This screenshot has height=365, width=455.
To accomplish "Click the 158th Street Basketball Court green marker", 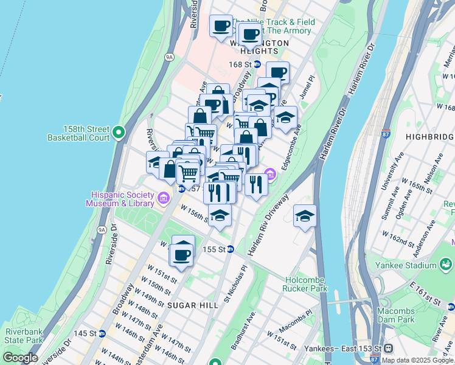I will pyautogui.click(x=119, y=131).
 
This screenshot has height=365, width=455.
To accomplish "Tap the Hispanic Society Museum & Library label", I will pyautogui.click(x=122, y=199).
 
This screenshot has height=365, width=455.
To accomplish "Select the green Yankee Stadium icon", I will pyautogui.click(x=446, y=265).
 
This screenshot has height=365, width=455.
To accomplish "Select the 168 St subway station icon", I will pyautogui.click(x=257, y=64).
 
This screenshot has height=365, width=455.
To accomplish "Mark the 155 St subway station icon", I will pyautogui.click(x=231, y=249).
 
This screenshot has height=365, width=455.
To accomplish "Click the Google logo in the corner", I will pyautogui.click(x=20, y=358).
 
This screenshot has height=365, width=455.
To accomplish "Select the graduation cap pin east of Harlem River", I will pyautogui.click(x=305, y=217).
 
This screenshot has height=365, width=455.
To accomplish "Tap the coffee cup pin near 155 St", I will pyautogui.click(x=181, y=255).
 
